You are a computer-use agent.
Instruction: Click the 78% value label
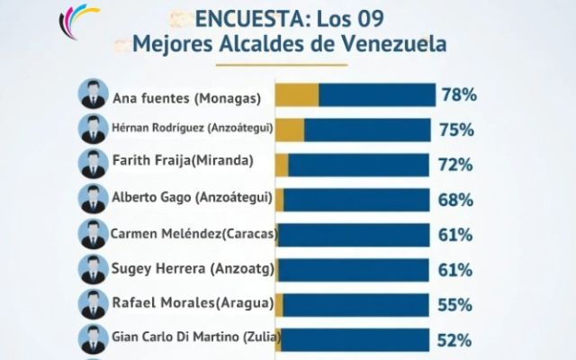click(x=457, y=94)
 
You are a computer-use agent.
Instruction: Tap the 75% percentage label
click(x=457, y=130)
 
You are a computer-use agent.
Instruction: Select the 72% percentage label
click(x=457, y=165)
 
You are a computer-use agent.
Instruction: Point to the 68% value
click(x=457, y=200)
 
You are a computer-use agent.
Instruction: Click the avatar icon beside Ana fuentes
click(x=93, y=94)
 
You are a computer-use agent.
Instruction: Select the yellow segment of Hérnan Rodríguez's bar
click(x=290, y=130)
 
